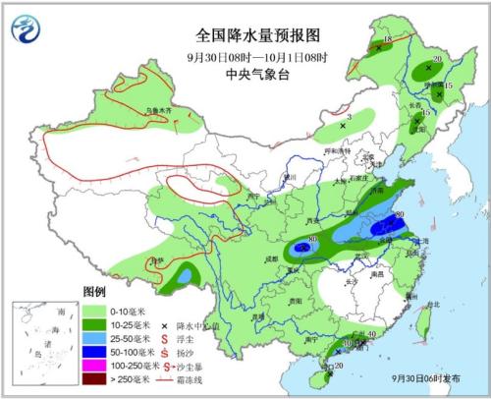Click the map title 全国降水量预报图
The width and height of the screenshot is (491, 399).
(245, 33)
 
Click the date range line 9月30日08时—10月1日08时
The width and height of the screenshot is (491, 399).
(245, 53)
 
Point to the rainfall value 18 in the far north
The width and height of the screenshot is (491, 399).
(387, 39)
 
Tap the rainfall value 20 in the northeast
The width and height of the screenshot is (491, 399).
(437, 59)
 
